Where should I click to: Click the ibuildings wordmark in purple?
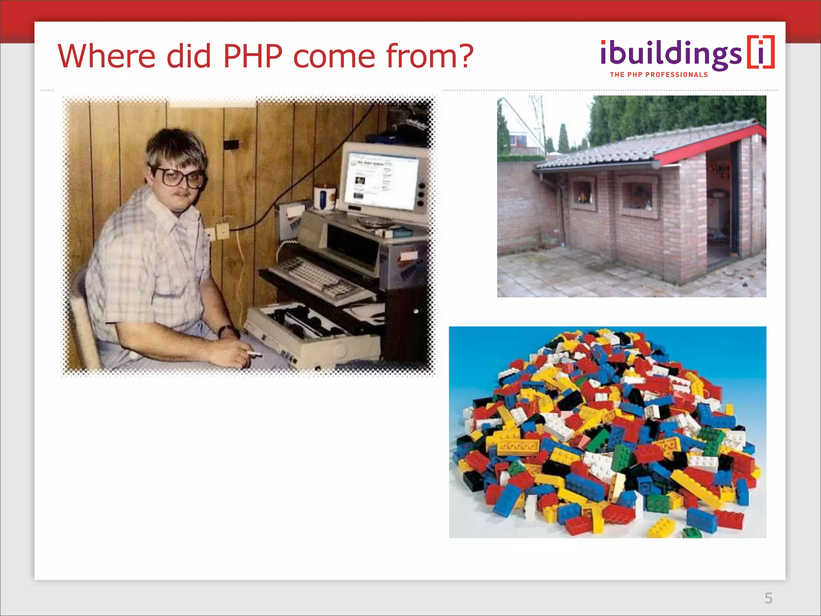coord(670,55)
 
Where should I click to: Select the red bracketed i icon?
coord(761,53)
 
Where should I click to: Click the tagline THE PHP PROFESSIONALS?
coord(659,75)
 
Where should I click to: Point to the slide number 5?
coord(768,598)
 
